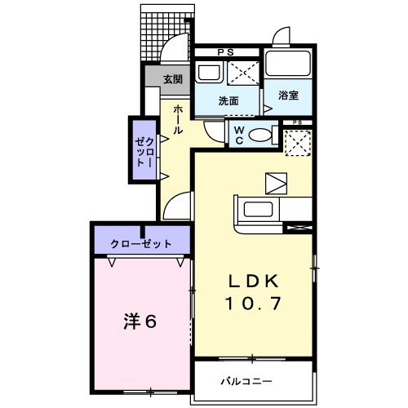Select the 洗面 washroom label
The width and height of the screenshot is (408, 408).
[228, 101]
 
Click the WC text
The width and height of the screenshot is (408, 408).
[238, 133]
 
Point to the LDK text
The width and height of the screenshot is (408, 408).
[253, 282]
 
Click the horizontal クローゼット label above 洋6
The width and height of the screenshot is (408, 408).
[142, 243]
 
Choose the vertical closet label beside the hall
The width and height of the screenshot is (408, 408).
[144, 150]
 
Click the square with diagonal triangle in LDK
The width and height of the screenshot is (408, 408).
[276, 182]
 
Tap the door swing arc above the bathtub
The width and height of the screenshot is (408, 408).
[282, 38]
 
